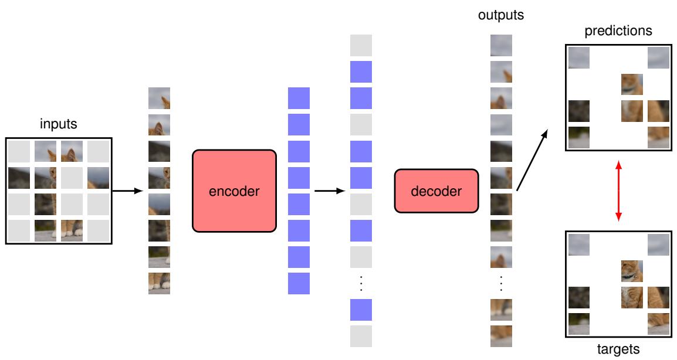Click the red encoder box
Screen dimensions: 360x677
(234, 191)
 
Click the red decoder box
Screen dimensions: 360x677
(436, 191)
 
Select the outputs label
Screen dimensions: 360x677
(501, 16)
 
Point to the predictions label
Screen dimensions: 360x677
(618, 31)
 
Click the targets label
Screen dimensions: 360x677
(617, 350)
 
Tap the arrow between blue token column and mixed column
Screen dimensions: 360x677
(329, 191)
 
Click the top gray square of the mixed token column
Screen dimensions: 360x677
(361, 45)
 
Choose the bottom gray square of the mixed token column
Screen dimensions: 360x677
(361, 336)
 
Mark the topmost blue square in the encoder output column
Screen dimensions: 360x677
(299, 98)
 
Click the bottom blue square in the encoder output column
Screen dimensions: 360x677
(299, 283)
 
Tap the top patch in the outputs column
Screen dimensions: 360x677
(501, 45)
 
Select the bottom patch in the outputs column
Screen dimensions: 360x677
(501, 336)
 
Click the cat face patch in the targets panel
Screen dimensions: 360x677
(632, 271)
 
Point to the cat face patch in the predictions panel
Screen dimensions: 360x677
(632, 84)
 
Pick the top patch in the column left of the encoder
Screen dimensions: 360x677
(159, 98)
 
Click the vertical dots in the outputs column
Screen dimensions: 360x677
(501, 283)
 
